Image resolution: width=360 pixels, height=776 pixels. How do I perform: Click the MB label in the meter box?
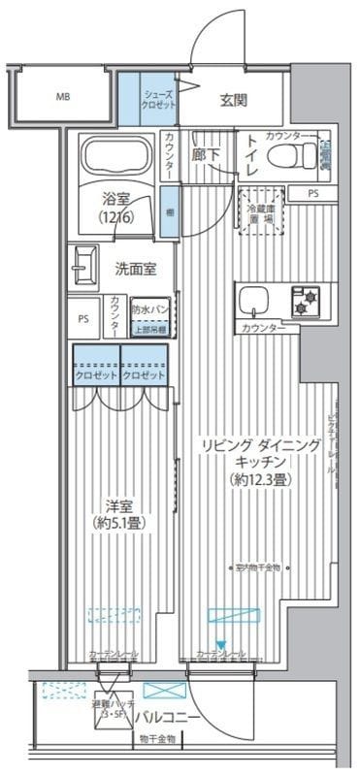click(x=62, y=97)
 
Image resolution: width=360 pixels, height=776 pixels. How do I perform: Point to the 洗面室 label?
click(x=136, y=268)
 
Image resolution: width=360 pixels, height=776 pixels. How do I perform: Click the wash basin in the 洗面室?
click(x=83, y=265)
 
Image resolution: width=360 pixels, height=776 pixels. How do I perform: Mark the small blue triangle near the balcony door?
click(x=221, y=644)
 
